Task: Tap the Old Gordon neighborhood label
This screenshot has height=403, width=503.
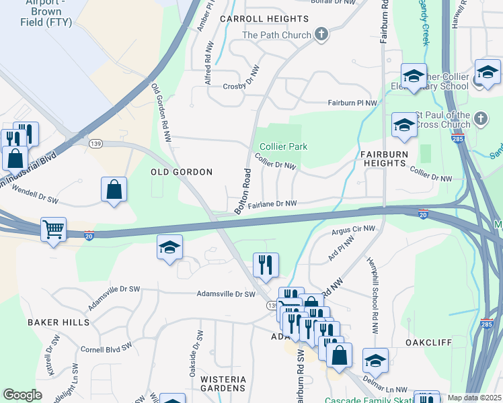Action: [x=181, y=172]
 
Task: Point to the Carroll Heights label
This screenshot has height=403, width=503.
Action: [x=263, y=19]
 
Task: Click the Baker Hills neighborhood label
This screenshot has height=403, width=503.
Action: [x=59, y=322]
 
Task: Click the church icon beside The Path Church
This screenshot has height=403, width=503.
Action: [x=321, y=35]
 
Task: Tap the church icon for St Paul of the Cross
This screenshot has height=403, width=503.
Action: [x=480, y=119]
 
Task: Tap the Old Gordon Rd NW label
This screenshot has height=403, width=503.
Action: [x=161, y=112]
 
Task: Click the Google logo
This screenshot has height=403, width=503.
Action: [x=22, y=395]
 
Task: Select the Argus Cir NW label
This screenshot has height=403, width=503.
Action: [x=353, y=231]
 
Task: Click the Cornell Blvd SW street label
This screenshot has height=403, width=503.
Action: [x=105, y=349]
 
